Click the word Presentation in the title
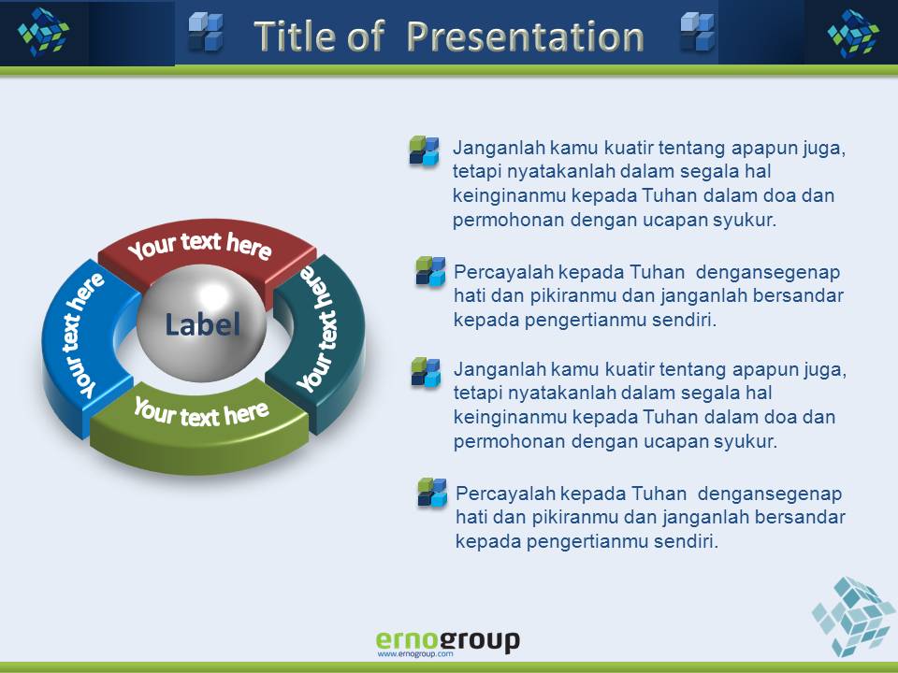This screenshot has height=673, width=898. click(525, 37)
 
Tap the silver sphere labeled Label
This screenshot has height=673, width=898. click(202, 323)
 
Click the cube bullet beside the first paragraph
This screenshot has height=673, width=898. click(424, 151)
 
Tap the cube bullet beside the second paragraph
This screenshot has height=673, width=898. click(430, 271)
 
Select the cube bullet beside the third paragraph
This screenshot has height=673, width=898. click(427, 372)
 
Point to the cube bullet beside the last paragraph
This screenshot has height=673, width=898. click(432, 493)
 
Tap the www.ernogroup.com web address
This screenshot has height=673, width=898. click(415, 653)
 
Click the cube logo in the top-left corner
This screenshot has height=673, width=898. click(44, 32)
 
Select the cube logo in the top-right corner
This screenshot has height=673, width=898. click(853, 34)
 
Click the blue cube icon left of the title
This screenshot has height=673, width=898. click(206, 32)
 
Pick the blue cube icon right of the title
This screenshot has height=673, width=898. click(698, 32)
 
